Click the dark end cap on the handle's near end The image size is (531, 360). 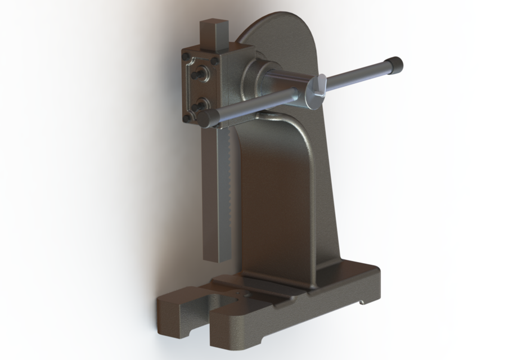[x=209, y=117]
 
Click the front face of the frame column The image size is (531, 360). [x=276, y=197]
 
